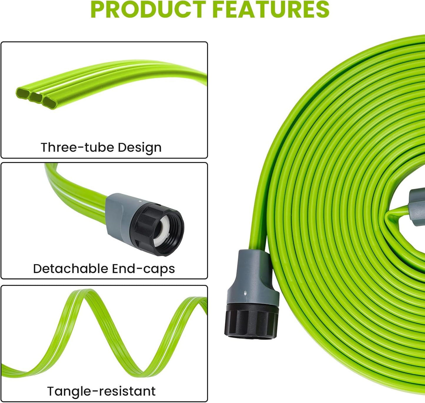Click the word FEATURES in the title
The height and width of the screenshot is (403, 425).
[x=271, y=10]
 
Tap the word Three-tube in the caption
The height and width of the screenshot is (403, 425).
[x=77, y=147]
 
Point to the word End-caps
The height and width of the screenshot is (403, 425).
[x=143, y=269]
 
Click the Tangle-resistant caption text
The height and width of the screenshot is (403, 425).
[x=101, y=391]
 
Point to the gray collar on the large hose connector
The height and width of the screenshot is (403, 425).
[x=253, y=283]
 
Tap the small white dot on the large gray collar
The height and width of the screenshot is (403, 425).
[x=245, y=293]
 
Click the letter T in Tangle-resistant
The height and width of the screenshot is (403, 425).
[x=51, y=391]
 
